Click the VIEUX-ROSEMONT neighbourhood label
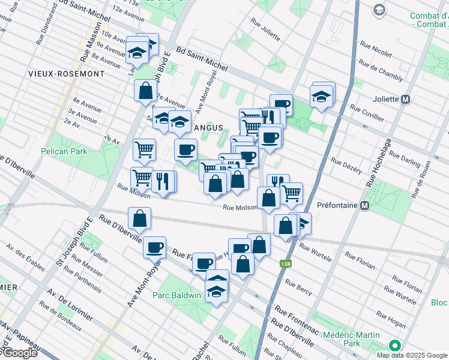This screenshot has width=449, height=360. coord(66,74)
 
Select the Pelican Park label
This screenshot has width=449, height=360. coord(64,151)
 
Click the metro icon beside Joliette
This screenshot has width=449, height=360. coord(406,99)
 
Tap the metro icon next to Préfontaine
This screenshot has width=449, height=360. coord(364,205)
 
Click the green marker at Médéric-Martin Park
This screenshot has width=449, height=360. coord(394,346)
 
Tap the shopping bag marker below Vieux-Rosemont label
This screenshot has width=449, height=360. coord(145,91)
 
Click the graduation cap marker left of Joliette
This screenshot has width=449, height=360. coord(321,96)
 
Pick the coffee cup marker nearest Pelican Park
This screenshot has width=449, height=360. coord(185,149)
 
